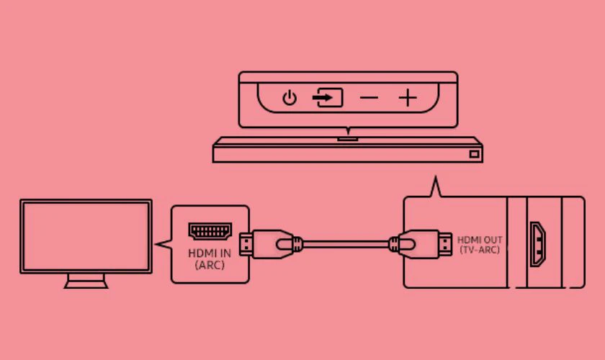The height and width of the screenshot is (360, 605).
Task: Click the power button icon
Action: [x=290, y=98]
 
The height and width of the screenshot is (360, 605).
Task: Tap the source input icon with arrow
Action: [x=328, y=98]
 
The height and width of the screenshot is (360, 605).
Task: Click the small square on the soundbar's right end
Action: [x=474, y=154]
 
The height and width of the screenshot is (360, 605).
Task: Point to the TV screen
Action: [x=86, y=236]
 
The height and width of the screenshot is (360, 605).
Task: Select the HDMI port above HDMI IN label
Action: [x=210, y=231]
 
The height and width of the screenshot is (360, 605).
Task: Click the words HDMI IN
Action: [x=210, y=253]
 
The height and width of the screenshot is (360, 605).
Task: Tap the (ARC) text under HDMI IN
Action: [x=210, y=266]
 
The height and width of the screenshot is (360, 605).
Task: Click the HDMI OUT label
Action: [x=480, y=240]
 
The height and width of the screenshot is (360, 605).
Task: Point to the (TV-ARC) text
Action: [x=480, y=250]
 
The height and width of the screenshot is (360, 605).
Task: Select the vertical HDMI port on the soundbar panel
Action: [x=537, y=244]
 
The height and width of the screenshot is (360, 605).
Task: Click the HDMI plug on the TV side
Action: [x=270, y=244]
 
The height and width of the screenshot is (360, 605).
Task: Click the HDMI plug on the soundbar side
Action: [x=421, y=244]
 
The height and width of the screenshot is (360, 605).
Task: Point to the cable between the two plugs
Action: [x=346, y=244]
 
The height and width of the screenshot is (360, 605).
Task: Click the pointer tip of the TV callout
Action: [x=155, y=244]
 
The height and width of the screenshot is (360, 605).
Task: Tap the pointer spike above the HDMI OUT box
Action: [x=436, y=176]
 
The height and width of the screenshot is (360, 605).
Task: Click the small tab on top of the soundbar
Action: [x=348, y=139]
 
